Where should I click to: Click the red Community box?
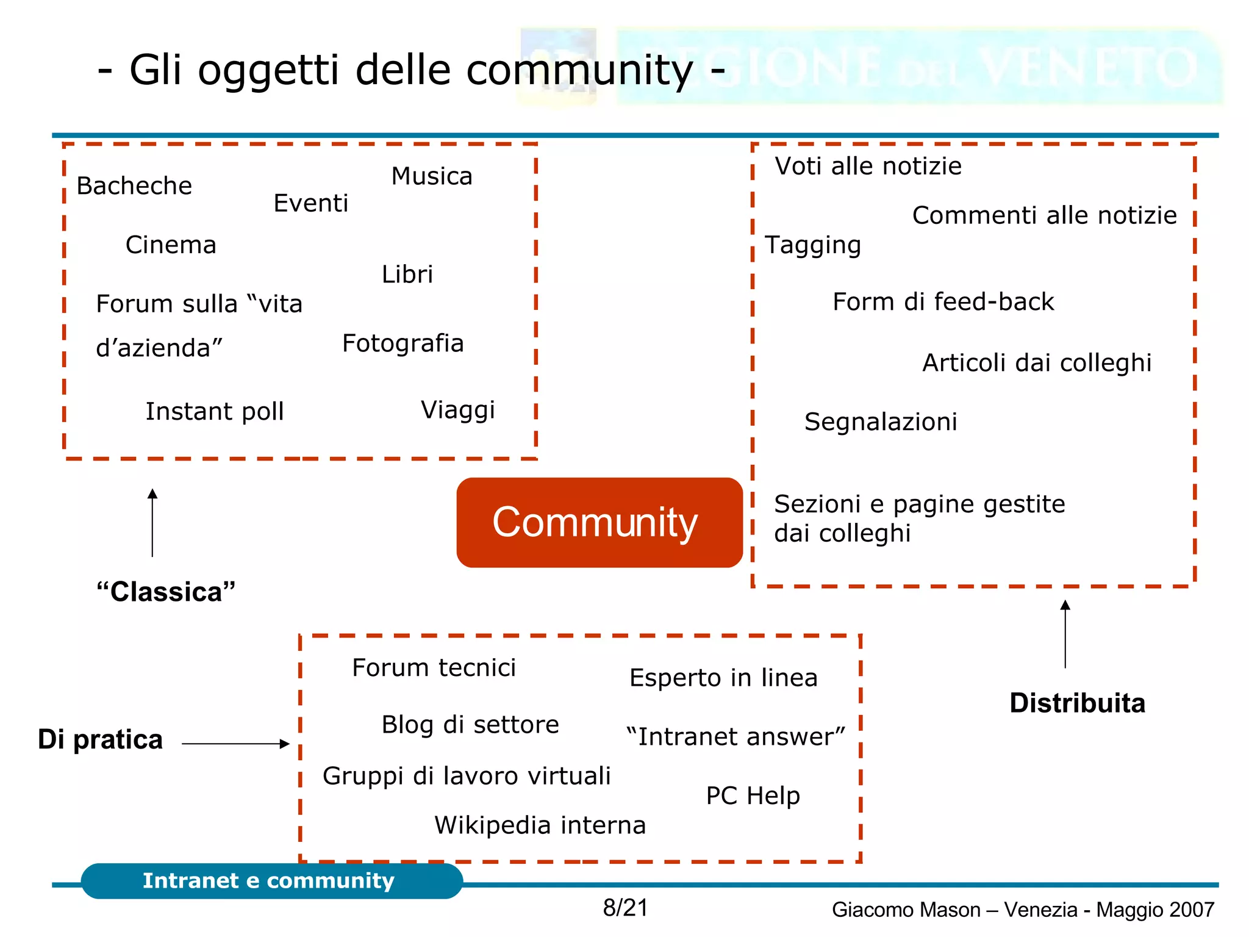(x=599, y=522)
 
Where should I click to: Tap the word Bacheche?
(x=134, y=186)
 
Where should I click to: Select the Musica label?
(x=432, y=176)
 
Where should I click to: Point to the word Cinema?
(x=171, y=245)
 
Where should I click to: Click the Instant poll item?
(x=215, y=412)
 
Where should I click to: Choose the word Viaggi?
(x=457, y=410)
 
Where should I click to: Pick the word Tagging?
(x=813, y=245)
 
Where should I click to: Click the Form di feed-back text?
(x=943, y=302)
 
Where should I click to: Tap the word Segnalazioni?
(x=881, y=422)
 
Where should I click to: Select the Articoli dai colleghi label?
(x=1037, y=363)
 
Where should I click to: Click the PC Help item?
(x=753, y=796)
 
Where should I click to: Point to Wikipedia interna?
(x=540, y=825)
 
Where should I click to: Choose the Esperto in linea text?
(x=723, y=678)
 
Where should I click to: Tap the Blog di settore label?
(x=470, y=725)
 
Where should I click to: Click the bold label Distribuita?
(x=1077, y=703)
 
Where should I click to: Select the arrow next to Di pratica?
(x=235, y=744)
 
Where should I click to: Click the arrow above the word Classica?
(x=152, y=523)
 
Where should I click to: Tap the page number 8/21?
(x=625, y=908)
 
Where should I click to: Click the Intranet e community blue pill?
(x=271, y=881)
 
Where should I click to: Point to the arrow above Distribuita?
(x=1065, y=634)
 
